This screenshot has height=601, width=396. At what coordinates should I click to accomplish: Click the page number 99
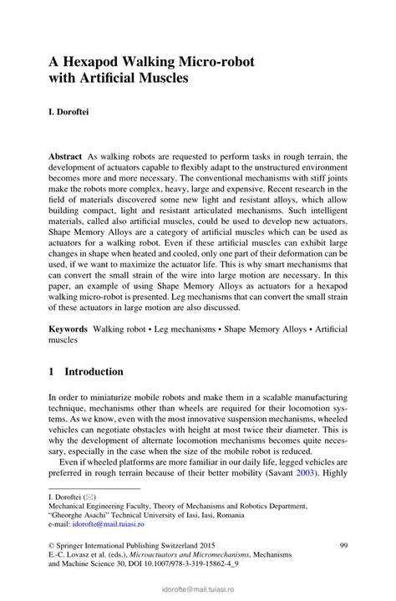coord(343,545)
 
